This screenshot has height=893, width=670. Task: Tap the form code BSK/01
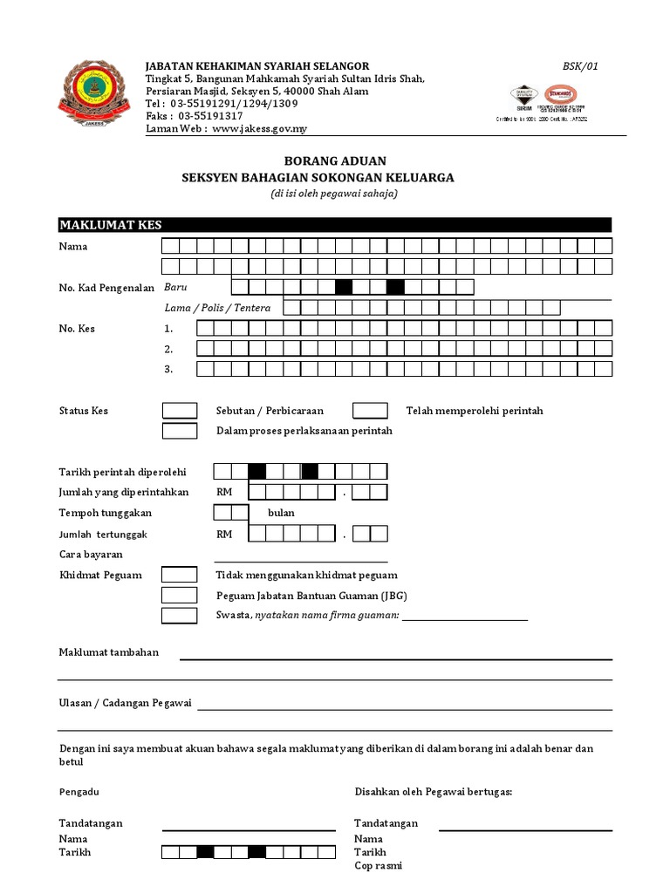point(581,66)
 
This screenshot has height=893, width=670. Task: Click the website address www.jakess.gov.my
point(259,129)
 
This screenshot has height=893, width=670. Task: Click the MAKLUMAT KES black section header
point(335,225)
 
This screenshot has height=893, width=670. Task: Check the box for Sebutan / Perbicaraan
point(180,411)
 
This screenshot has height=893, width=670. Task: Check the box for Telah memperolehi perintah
point(370,411)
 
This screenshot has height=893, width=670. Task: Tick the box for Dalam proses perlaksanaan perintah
point(180,431)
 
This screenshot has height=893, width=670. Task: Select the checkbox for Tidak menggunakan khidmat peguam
point(180,575)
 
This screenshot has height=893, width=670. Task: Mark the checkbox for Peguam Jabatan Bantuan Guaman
point(180,596)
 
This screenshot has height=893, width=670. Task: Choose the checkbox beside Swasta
point(180,616)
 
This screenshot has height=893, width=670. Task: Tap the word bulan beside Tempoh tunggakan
point(281,513)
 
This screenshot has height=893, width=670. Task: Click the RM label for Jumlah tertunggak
point(224,534)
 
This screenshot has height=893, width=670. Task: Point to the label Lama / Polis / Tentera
point(217,308)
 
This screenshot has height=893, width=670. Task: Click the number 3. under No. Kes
point(168,370)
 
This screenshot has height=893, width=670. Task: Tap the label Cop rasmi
point(378,866)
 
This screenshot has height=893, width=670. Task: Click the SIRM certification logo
point(523,99)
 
